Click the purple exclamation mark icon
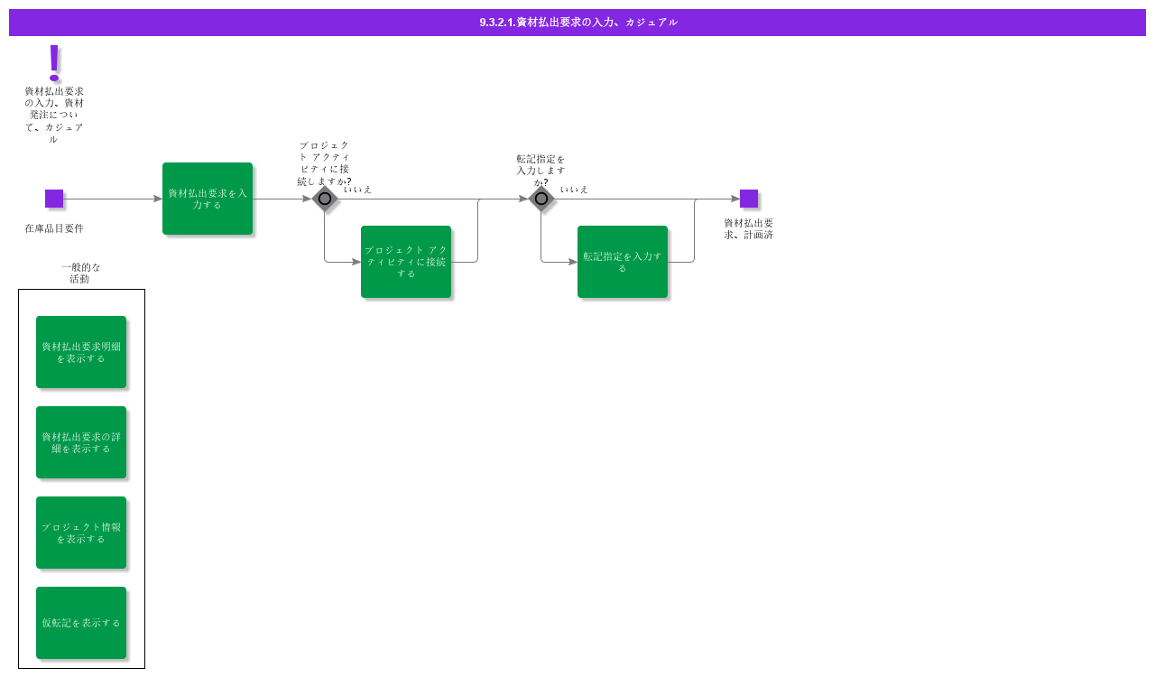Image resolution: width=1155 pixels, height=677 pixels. pos(54,62)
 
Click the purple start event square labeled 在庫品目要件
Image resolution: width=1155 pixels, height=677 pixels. pos(54,199)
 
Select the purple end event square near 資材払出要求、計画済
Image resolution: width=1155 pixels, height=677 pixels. pos(749,199)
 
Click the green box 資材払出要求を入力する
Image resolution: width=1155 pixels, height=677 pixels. pos(208,199)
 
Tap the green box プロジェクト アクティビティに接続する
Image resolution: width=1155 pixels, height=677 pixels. pos(406,262)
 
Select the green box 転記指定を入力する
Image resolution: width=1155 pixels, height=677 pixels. pos(623,262)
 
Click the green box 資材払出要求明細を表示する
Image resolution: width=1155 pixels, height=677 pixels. pos(81,352)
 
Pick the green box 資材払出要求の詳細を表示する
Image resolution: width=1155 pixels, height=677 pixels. pos(81,442)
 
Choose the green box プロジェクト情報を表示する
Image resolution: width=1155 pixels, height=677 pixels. pos(81,533)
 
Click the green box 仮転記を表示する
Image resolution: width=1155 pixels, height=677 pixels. pos(81,623)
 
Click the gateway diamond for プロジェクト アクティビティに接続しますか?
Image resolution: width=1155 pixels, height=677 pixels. pos(325,199)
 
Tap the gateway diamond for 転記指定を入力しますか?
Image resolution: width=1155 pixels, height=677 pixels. pos(541,199)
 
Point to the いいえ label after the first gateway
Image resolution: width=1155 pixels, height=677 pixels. pos(357,190)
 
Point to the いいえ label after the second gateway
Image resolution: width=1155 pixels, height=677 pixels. pos(574,190)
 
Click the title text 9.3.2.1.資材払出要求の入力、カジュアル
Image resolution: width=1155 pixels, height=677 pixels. pos(578,23)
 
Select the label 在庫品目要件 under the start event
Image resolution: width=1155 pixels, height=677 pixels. pos(54,228)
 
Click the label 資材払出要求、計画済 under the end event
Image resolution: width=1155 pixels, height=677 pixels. pos(748,229)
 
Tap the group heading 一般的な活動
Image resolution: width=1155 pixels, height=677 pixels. pos(81,273)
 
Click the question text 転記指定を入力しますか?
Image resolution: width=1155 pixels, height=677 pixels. pos(541,171)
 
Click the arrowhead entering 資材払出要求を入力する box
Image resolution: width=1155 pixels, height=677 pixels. pos(158,199)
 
